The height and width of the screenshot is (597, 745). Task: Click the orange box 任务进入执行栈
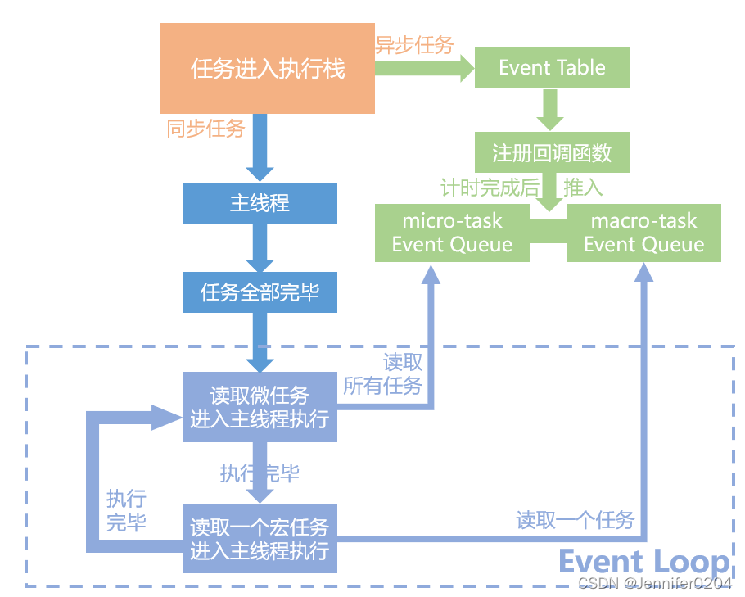pos(267,68)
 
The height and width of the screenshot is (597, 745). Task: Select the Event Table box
pos(552,68)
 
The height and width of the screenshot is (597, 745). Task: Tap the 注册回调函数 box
pos(552,153)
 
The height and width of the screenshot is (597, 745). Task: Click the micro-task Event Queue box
pos(452,233)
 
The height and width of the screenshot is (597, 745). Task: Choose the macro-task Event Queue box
pos(643,233)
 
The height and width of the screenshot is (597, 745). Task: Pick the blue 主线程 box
pos(260,202)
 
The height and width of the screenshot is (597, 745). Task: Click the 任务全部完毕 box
pos(260,292)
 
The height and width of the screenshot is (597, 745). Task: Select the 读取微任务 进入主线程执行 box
pos(260,407)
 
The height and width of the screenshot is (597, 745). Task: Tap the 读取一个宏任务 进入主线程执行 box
pos(260,538)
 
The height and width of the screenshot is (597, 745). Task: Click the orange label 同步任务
pos(205,129)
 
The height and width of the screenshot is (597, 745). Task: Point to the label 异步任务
pos(414,45)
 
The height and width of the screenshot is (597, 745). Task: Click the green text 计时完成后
pos(490,188)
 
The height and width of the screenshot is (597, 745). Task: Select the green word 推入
pos(583,188)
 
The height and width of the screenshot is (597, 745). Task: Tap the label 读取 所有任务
pos(383,373)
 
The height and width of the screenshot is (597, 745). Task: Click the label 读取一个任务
pos(575,520)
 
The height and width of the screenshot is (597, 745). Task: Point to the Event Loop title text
pos(643,563)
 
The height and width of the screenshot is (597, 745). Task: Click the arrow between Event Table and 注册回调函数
pos(548,105)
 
